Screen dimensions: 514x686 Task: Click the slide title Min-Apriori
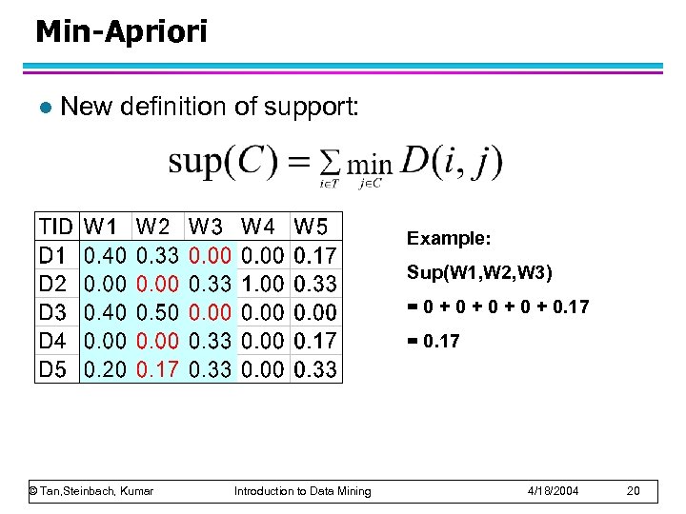coord(121,31)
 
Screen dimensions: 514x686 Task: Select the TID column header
coord(55,227)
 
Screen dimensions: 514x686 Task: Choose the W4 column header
coord(260,227)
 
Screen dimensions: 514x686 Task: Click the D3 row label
coord(52,312)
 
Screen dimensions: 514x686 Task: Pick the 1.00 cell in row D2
coord(263,284)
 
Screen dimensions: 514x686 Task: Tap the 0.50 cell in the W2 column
coord(157,312)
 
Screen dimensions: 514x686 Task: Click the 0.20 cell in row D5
coord(105,369)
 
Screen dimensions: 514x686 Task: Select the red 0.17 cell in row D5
coord(157,369)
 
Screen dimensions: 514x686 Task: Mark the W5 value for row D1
coord(314,255)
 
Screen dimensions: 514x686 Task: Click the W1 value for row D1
coord(105,255)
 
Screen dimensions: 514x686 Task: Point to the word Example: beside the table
coord(449,238)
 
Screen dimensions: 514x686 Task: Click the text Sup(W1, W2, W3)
coord(478,273)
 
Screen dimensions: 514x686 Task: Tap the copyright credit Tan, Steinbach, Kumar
coord(91,490)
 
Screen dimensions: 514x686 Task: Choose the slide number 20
coord(636,490)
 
